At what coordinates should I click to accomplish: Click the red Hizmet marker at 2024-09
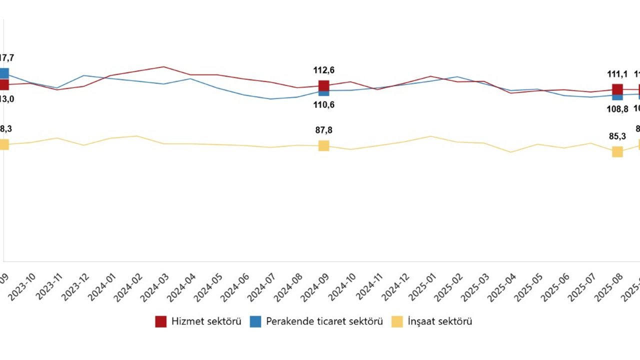(x=324, y=85)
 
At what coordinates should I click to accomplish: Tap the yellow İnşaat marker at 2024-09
(x=324, y=145)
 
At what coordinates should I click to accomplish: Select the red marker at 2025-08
(x=617, y=89)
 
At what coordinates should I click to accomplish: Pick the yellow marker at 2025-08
(x=617, y=151)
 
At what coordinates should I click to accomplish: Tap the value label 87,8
(x=324, y=130)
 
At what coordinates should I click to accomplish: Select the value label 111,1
(x=617, y=74)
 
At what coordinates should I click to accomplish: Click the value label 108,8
(x=617, y=108)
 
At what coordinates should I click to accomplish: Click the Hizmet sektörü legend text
(x=206, y=321)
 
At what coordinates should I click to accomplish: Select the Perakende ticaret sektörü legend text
(x=324, y=321)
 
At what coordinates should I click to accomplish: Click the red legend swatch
(x=161, y=321)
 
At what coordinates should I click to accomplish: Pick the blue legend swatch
(x=255, y=321)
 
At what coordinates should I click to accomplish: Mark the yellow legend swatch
(x=397, y=321)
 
